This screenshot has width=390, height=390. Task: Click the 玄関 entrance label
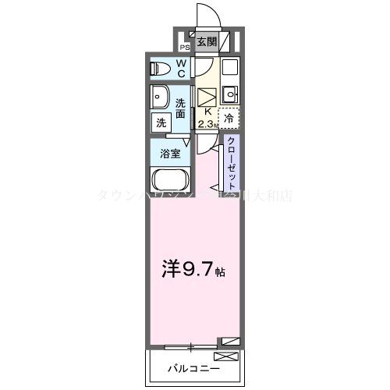point(206,42)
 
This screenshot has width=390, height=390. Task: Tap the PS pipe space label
point(184,46)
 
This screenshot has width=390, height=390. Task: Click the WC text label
point(180,69)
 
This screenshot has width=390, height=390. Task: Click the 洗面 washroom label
point(181,108)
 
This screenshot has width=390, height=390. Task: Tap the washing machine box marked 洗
point(161,122)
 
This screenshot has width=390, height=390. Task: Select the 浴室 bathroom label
point(172,152)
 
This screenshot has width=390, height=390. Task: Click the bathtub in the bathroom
point(171,183)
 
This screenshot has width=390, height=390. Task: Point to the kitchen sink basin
point(229,96)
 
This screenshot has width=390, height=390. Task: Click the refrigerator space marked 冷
point(229,119)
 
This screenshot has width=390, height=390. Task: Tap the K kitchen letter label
point(207,112)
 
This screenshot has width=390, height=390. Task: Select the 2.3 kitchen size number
point(205,123)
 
